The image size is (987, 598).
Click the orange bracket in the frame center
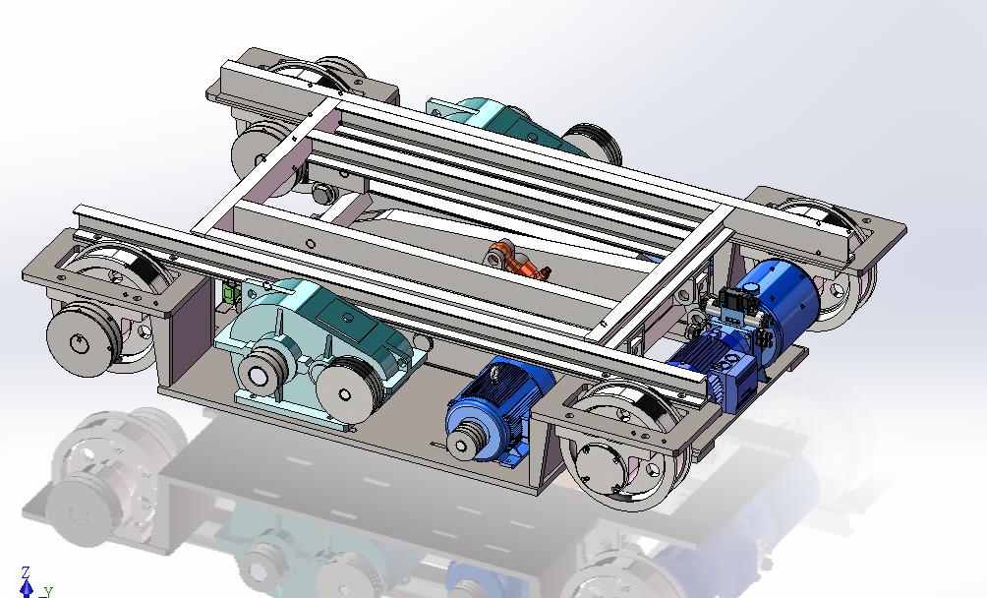(515, 261)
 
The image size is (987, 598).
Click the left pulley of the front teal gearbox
(261, 373)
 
